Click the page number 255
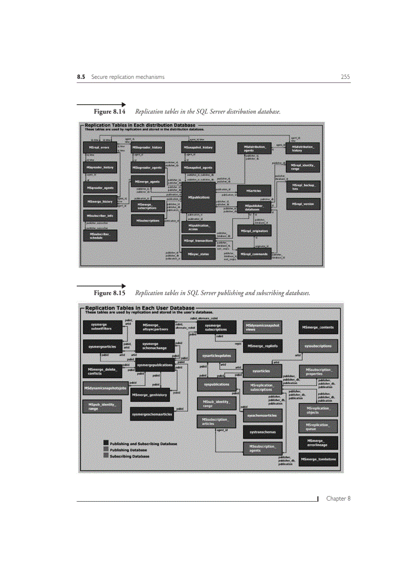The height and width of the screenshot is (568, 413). click(x=345, y=77)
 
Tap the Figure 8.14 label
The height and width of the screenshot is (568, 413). click(x=109, y=111)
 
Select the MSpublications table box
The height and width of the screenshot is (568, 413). click(x=198, y=197)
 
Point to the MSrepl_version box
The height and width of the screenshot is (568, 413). click(x=302, y=204)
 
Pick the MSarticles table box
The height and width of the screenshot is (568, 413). click(x=253, y=191)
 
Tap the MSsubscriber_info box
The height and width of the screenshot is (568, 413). click(x=100, y=216)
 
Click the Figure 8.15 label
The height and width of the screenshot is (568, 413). click(x=109, y=293)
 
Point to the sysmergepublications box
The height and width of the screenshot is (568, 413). click(x=155, y=364)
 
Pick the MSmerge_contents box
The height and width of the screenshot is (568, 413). click(x=318, y=327)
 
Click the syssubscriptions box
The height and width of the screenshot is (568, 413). click(x=318, y=346)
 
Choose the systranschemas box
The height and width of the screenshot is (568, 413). click(x=263, y=432)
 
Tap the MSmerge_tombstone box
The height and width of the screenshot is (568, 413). click(x=318, y=459)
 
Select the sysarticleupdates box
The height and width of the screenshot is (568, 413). click(x=217, y=356)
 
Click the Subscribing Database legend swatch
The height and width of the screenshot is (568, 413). click(x=106, y=456)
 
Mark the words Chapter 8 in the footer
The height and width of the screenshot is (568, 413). click(x=338, y=499)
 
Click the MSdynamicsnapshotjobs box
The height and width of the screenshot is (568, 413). click(x=105, y=388)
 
